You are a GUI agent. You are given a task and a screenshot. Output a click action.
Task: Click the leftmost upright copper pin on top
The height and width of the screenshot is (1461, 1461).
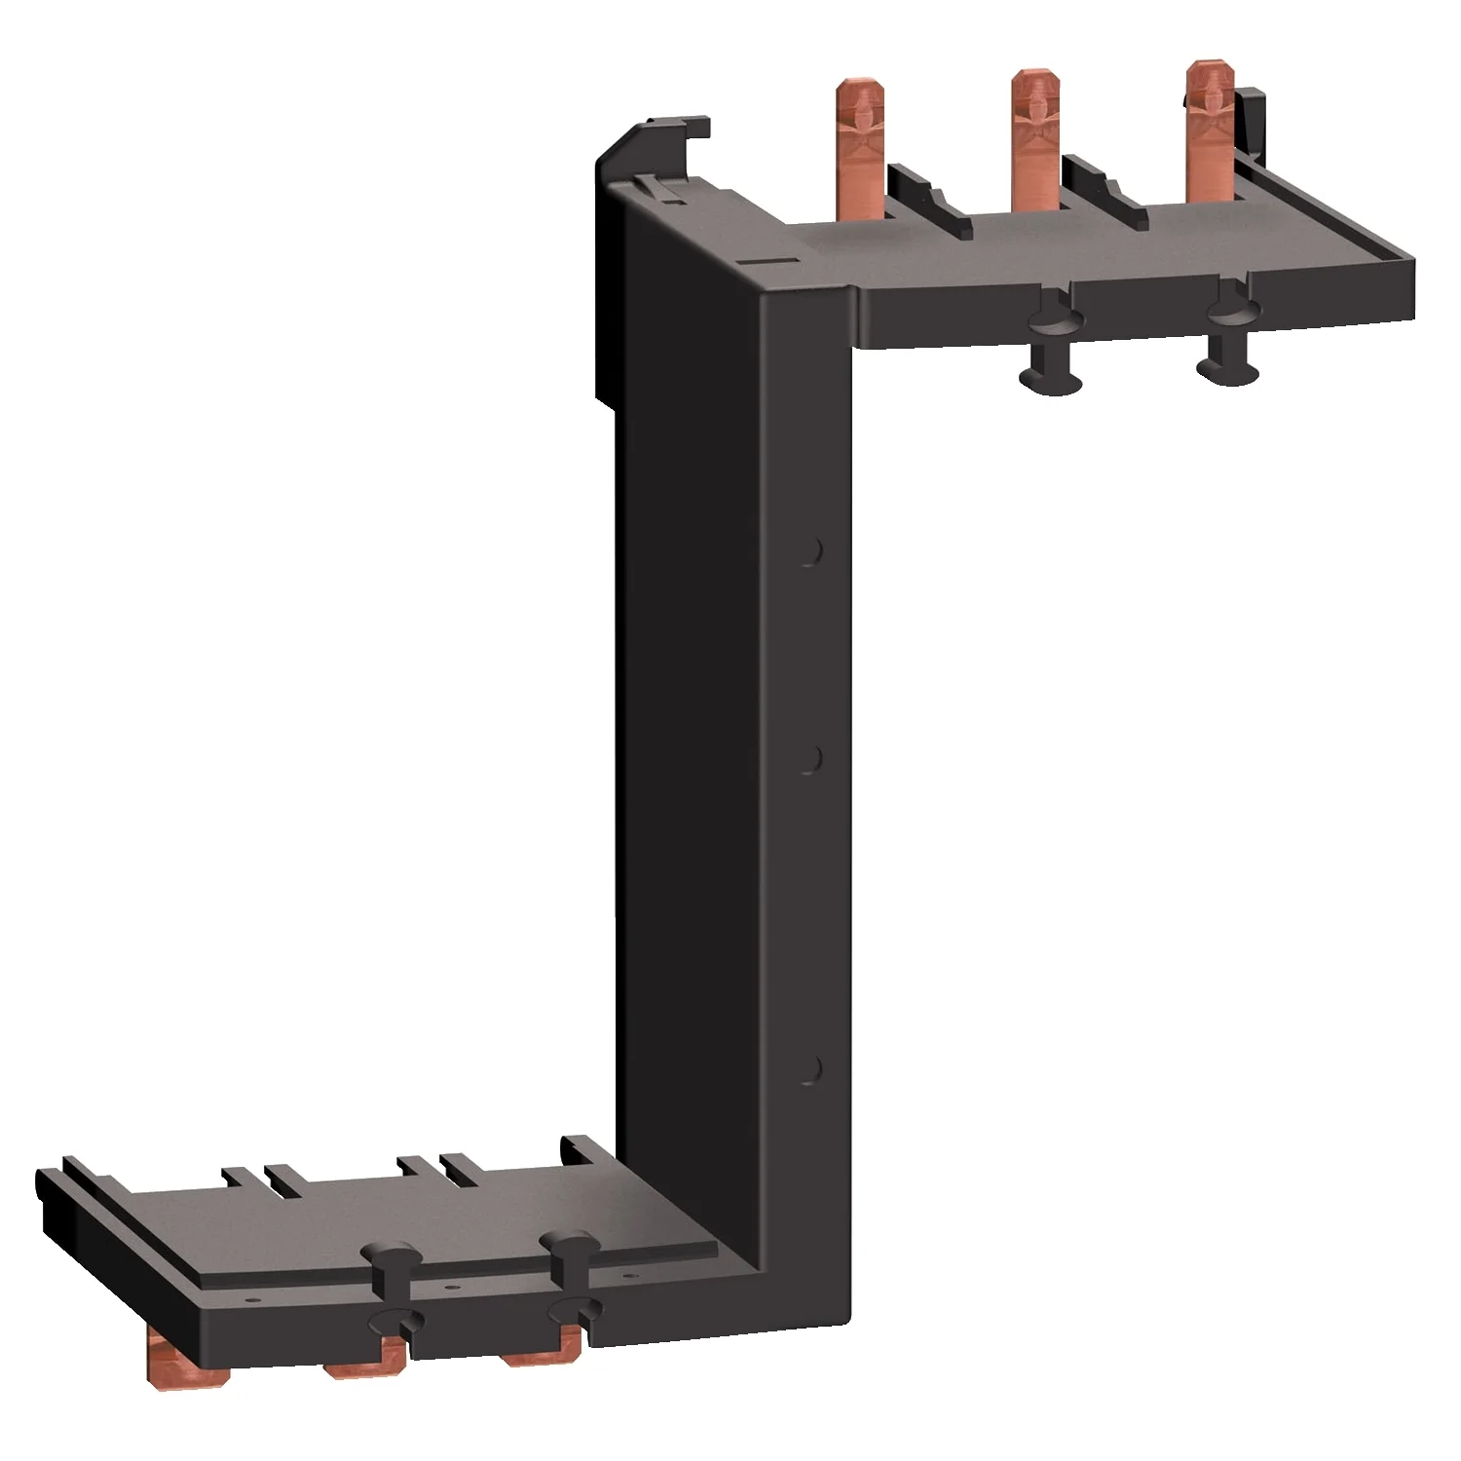[x=854, y=146]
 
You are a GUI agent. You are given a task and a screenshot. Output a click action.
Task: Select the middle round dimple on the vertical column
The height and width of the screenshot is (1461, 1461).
[x=808, y=760]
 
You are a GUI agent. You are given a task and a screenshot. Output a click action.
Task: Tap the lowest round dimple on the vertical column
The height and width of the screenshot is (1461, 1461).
[x=807, y=1068]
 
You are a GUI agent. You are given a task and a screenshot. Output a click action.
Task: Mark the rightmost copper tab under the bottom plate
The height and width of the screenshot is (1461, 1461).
[x=542, y=1348]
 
